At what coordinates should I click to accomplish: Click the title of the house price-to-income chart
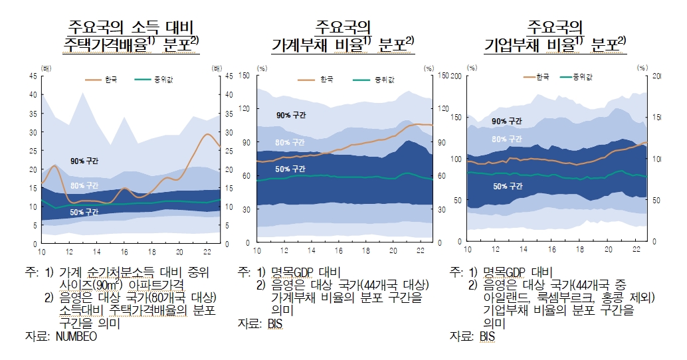[130, 36]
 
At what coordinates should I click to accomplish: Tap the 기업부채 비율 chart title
[555, 36]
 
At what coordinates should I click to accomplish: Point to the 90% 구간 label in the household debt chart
[291, 116]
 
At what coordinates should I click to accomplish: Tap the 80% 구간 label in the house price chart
[84, 185]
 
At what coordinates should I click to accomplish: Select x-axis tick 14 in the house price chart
[97, 252]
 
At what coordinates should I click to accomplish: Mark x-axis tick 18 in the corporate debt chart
[580, 250]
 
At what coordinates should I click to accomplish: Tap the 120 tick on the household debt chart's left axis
[245, 109]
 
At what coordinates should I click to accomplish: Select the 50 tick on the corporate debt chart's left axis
[457, 200]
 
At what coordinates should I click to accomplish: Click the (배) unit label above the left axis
[46, 68]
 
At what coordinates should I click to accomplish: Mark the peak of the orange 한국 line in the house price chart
[207, 135]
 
